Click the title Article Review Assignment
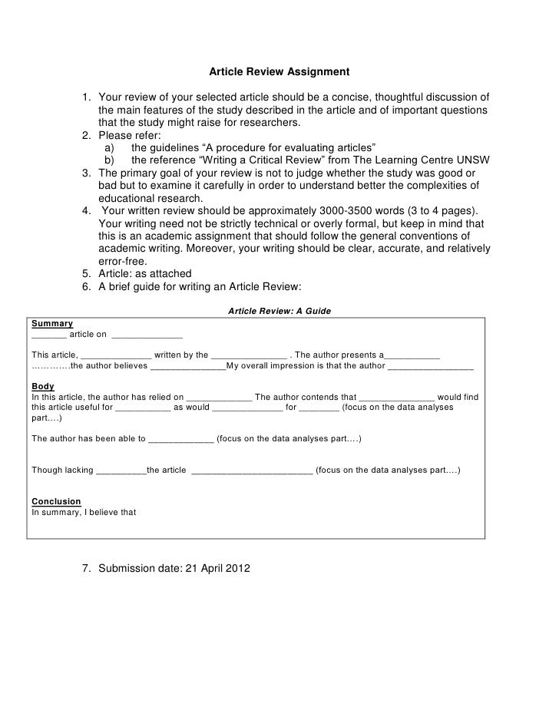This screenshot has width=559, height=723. point(279,72)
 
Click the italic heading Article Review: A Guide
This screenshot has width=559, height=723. point(279,311)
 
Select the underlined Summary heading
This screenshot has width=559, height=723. point(52,324)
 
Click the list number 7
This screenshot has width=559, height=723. point(87,569)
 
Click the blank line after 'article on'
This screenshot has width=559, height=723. point(147,335)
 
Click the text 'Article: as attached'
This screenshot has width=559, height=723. point(145,274)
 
